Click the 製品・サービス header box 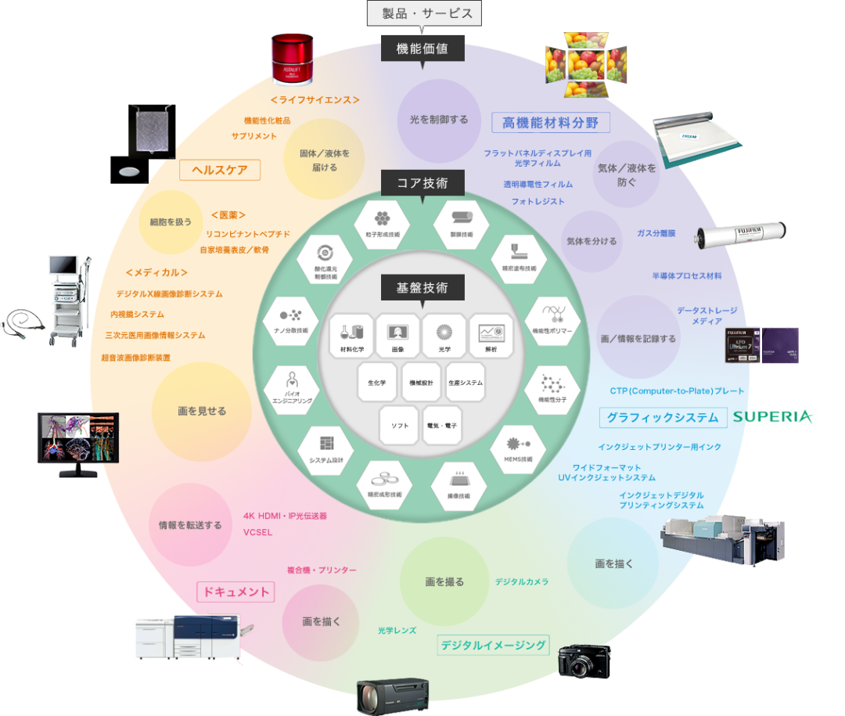[422, 13]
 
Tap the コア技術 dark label [422, 184]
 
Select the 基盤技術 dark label [422, 287]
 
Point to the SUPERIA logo [774, 416]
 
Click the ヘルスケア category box [220, 170]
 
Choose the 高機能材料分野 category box [551, 123]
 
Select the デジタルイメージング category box [493, 646]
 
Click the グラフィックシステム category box [663, 417]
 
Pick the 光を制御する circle [439, 120]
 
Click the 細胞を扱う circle [171, 221]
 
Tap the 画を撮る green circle [444, 581]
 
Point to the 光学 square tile [444, 336]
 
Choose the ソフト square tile [400, 425]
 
